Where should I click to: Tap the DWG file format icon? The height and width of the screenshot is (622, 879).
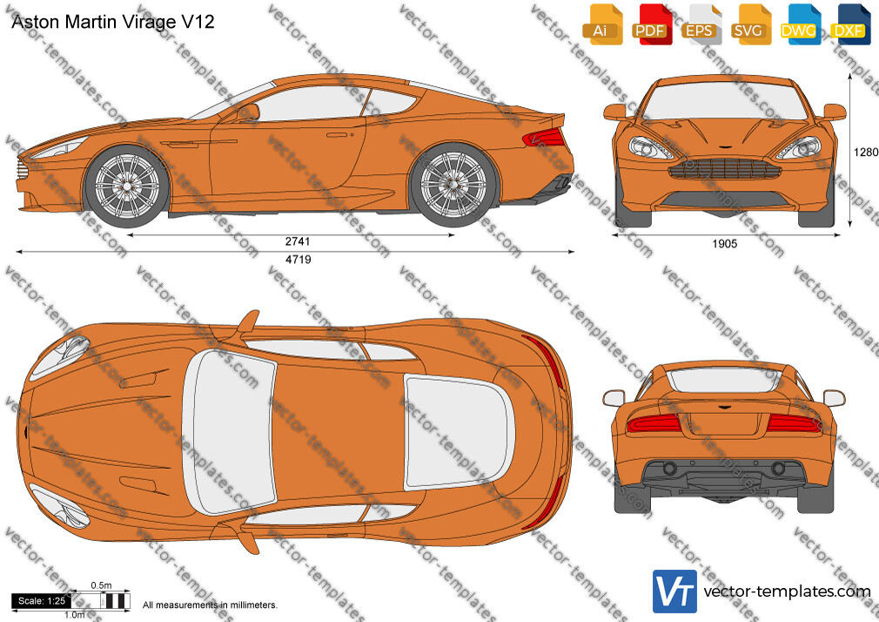[800, 24]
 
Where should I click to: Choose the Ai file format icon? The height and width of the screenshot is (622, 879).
[602, 24]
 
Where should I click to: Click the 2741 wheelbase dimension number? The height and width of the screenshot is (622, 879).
[297, 241]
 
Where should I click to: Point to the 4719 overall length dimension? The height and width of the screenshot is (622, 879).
[298, 260]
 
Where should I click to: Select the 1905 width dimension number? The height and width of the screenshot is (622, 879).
[724, 244]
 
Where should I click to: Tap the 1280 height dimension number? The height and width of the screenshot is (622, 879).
[866, 152]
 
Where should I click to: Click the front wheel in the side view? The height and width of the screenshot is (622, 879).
[127, 186]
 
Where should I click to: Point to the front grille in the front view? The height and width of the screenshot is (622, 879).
[725, 168]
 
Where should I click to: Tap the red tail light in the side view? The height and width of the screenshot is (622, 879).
[544, 137]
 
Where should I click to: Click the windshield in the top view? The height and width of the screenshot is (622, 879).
[230, 431]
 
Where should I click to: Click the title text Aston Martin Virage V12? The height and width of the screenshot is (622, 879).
[112, 22]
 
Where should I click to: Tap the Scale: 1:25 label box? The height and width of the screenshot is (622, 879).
[42, 601]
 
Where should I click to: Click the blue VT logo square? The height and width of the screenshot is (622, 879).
[674, 592]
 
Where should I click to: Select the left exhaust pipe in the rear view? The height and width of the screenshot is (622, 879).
[668, 468]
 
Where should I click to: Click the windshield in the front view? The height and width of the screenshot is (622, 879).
[725, 101]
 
